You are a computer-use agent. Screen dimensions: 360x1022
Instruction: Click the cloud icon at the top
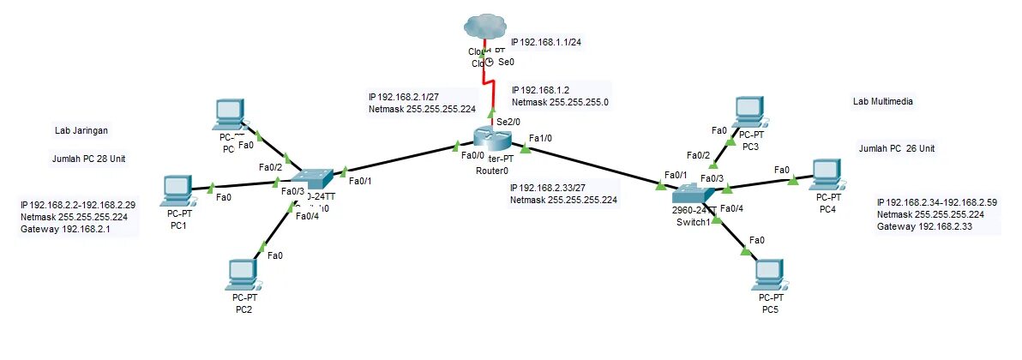coord(484,27)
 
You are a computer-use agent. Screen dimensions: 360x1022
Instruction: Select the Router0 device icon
coord(491,137)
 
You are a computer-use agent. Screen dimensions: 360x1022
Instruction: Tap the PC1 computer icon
coord(177,189)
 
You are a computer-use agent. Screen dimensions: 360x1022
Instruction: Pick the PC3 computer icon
coord(748,110)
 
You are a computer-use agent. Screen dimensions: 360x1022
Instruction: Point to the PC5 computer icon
coord(769,273)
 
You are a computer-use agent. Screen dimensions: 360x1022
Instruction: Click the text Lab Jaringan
coord(83,131)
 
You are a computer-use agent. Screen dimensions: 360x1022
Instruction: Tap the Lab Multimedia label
coord(882,102)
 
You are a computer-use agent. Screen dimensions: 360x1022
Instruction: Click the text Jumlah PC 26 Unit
coord(896,149)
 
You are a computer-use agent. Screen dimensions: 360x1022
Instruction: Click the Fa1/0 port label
coord(541,138)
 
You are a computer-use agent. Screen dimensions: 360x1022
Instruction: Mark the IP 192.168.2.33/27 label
coord(559,188)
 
